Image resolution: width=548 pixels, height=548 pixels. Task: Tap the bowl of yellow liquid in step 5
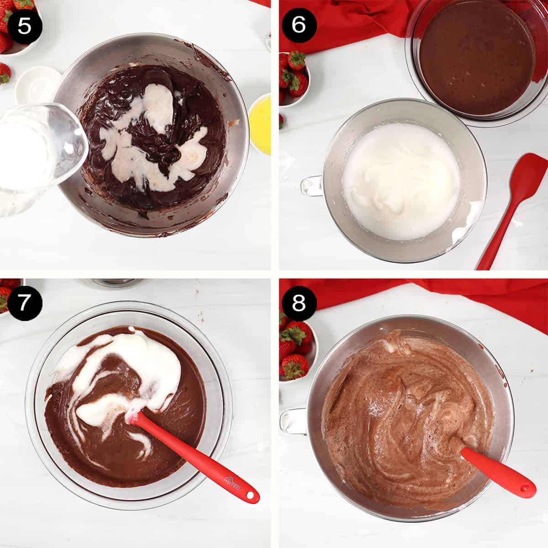(x=261, y=124)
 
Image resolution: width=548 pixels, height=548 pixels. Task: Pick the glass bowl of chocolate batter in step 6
(x=477, y=57)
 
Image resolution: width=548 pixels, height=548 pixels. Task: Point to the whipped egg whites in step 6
(x=402, y=178)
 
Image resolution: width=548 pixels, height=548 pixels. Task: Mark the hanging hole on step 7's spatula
(x=249, y=495)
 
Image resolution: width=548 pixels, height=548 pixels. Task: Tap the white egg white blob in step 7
(x=146, y=361)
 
